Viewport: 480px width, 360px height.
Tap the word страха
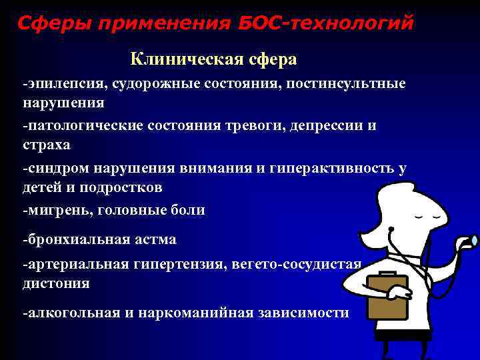coord(45,144)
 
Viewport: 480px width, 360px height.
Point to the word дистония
coord(56,283)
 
